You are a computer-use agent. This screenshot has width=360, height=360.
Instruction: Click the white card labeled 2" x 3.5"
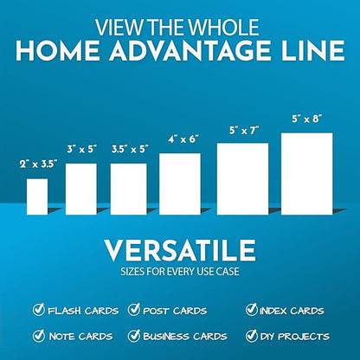click(x=37, y=196)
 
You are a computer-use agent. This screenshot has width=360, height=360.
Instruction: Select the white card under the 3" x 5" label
click(x=81, y=189)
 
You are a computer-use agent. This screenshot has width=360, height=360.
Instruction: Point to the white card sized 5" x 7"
click(x=242, y=178)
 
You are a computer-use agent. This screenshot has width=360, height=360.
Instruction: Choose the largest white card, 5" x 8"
click(x=306, y=173)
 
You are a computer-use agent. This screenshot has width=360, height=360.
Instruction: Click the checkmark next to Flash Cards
click(x=39, y=310)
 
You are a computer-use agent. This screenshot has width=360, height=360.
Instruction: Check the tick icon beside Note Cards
click(x=39, y=336)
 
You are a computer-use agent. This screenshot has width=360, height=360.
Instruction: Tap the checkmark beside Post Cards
click(x=135, y=310)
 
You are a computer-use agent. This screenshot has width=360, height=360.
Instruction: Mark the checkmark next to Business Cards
click(x=135, y=336)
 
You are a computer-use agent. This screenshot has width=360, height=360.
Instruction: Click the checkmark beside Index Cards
click(x=252, y=310)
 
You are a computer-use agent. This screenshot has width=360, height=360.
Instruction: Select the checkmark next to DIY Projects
click(x=252, y=336)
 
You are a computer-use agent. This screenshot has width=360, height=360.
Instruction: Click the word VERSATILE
click(x=180, y=250)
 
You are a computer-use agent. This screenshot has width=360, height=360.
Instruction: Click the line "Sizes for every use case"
click(x=180, y=274)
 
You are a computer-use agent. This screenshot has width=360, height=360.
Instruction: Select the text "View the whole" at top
click(x=180, y=23)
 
